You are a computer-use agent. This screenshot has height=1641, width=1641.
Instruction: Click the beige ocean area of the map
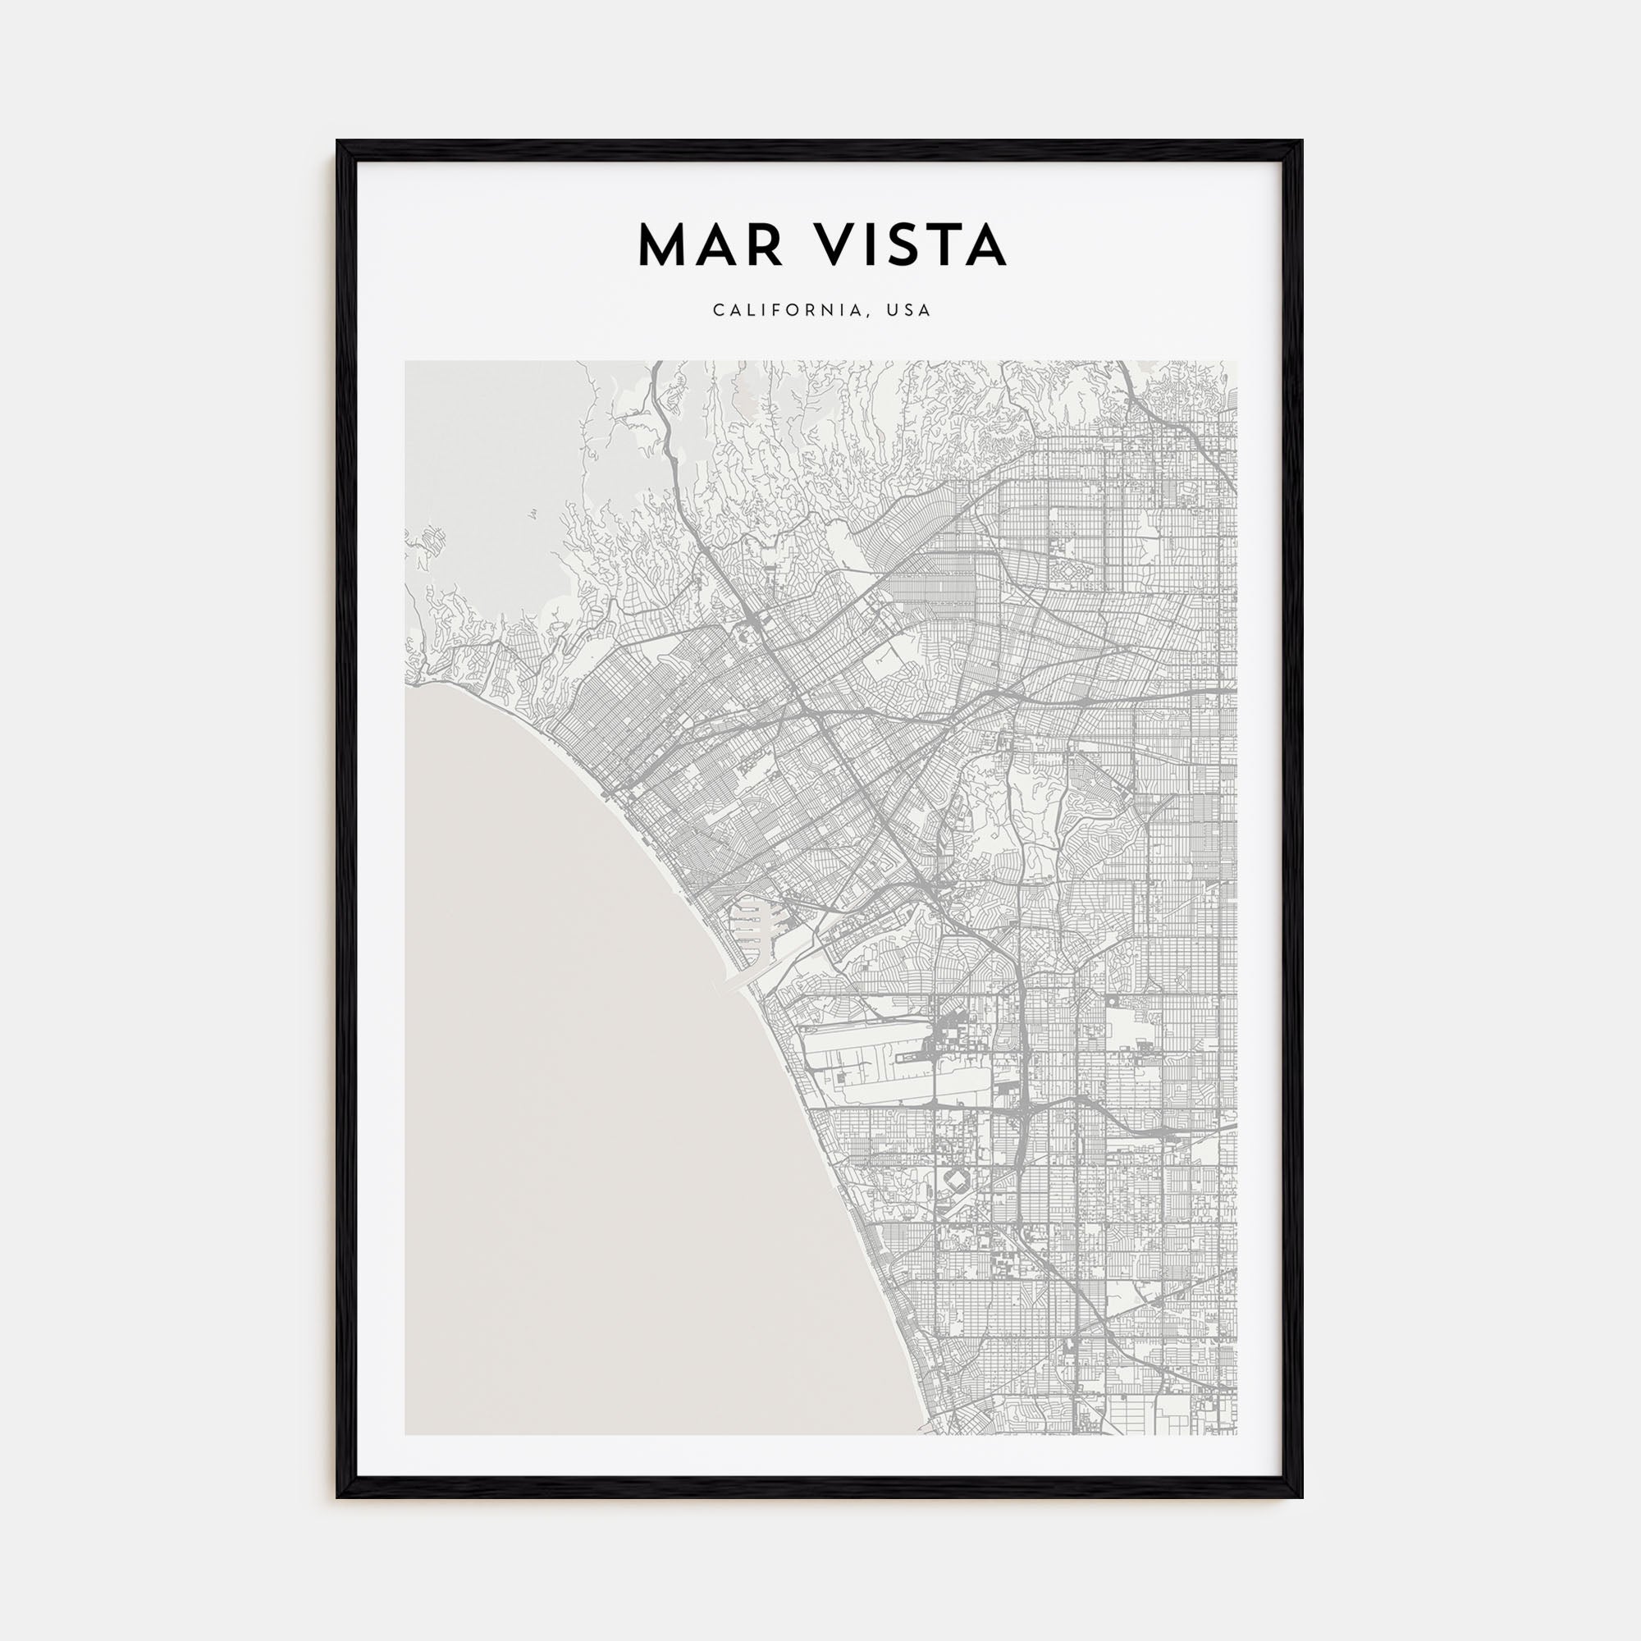(x=595, y=1104)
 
